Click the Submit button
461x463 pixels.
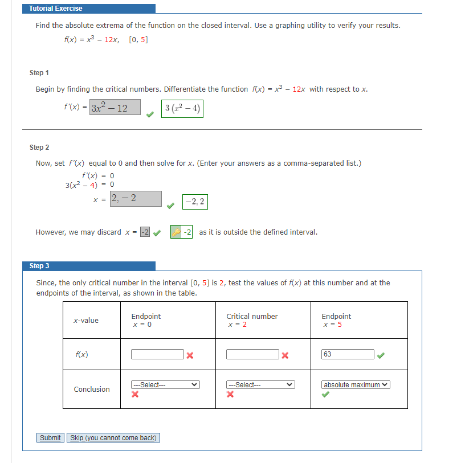(x=50, y=437)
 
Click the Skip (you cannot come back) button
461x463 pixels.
(x=113, y=437)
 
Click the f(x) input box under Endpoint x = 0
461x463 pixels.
(x=157, y=354)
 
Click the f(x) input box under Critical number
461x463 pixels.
(x=252, y=354)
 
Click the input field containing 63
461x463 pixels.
(x=348, y=354)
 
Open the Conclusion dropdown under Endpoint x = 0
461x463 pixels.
(x=165, y=385)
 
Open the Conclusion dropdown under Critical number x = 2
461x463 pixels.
(x=260, y=385)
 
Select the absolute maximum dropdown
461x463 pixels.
(x=356, y=385)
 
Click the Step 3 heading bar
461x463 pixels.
(x=91, y=266)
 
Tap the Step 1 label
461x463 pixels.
(x=39, y=73)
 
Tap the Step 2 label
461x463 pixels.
(x=39, y=147)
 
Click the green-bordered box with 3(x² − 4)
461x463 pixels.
(x=182, y=109)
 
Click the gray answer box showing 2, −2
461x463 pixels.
(x=136, y=198)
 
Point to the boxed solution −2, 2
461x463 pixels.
(x=195, y=202)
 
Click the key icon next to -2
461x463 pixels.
(x=176, y=232)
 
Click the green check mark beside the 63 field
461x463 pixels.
(x=381, y=355)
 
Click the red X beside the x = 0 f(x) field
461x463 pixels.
(x=190, y=355)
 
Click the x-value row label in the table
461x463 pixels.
(x=86, y=321)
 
